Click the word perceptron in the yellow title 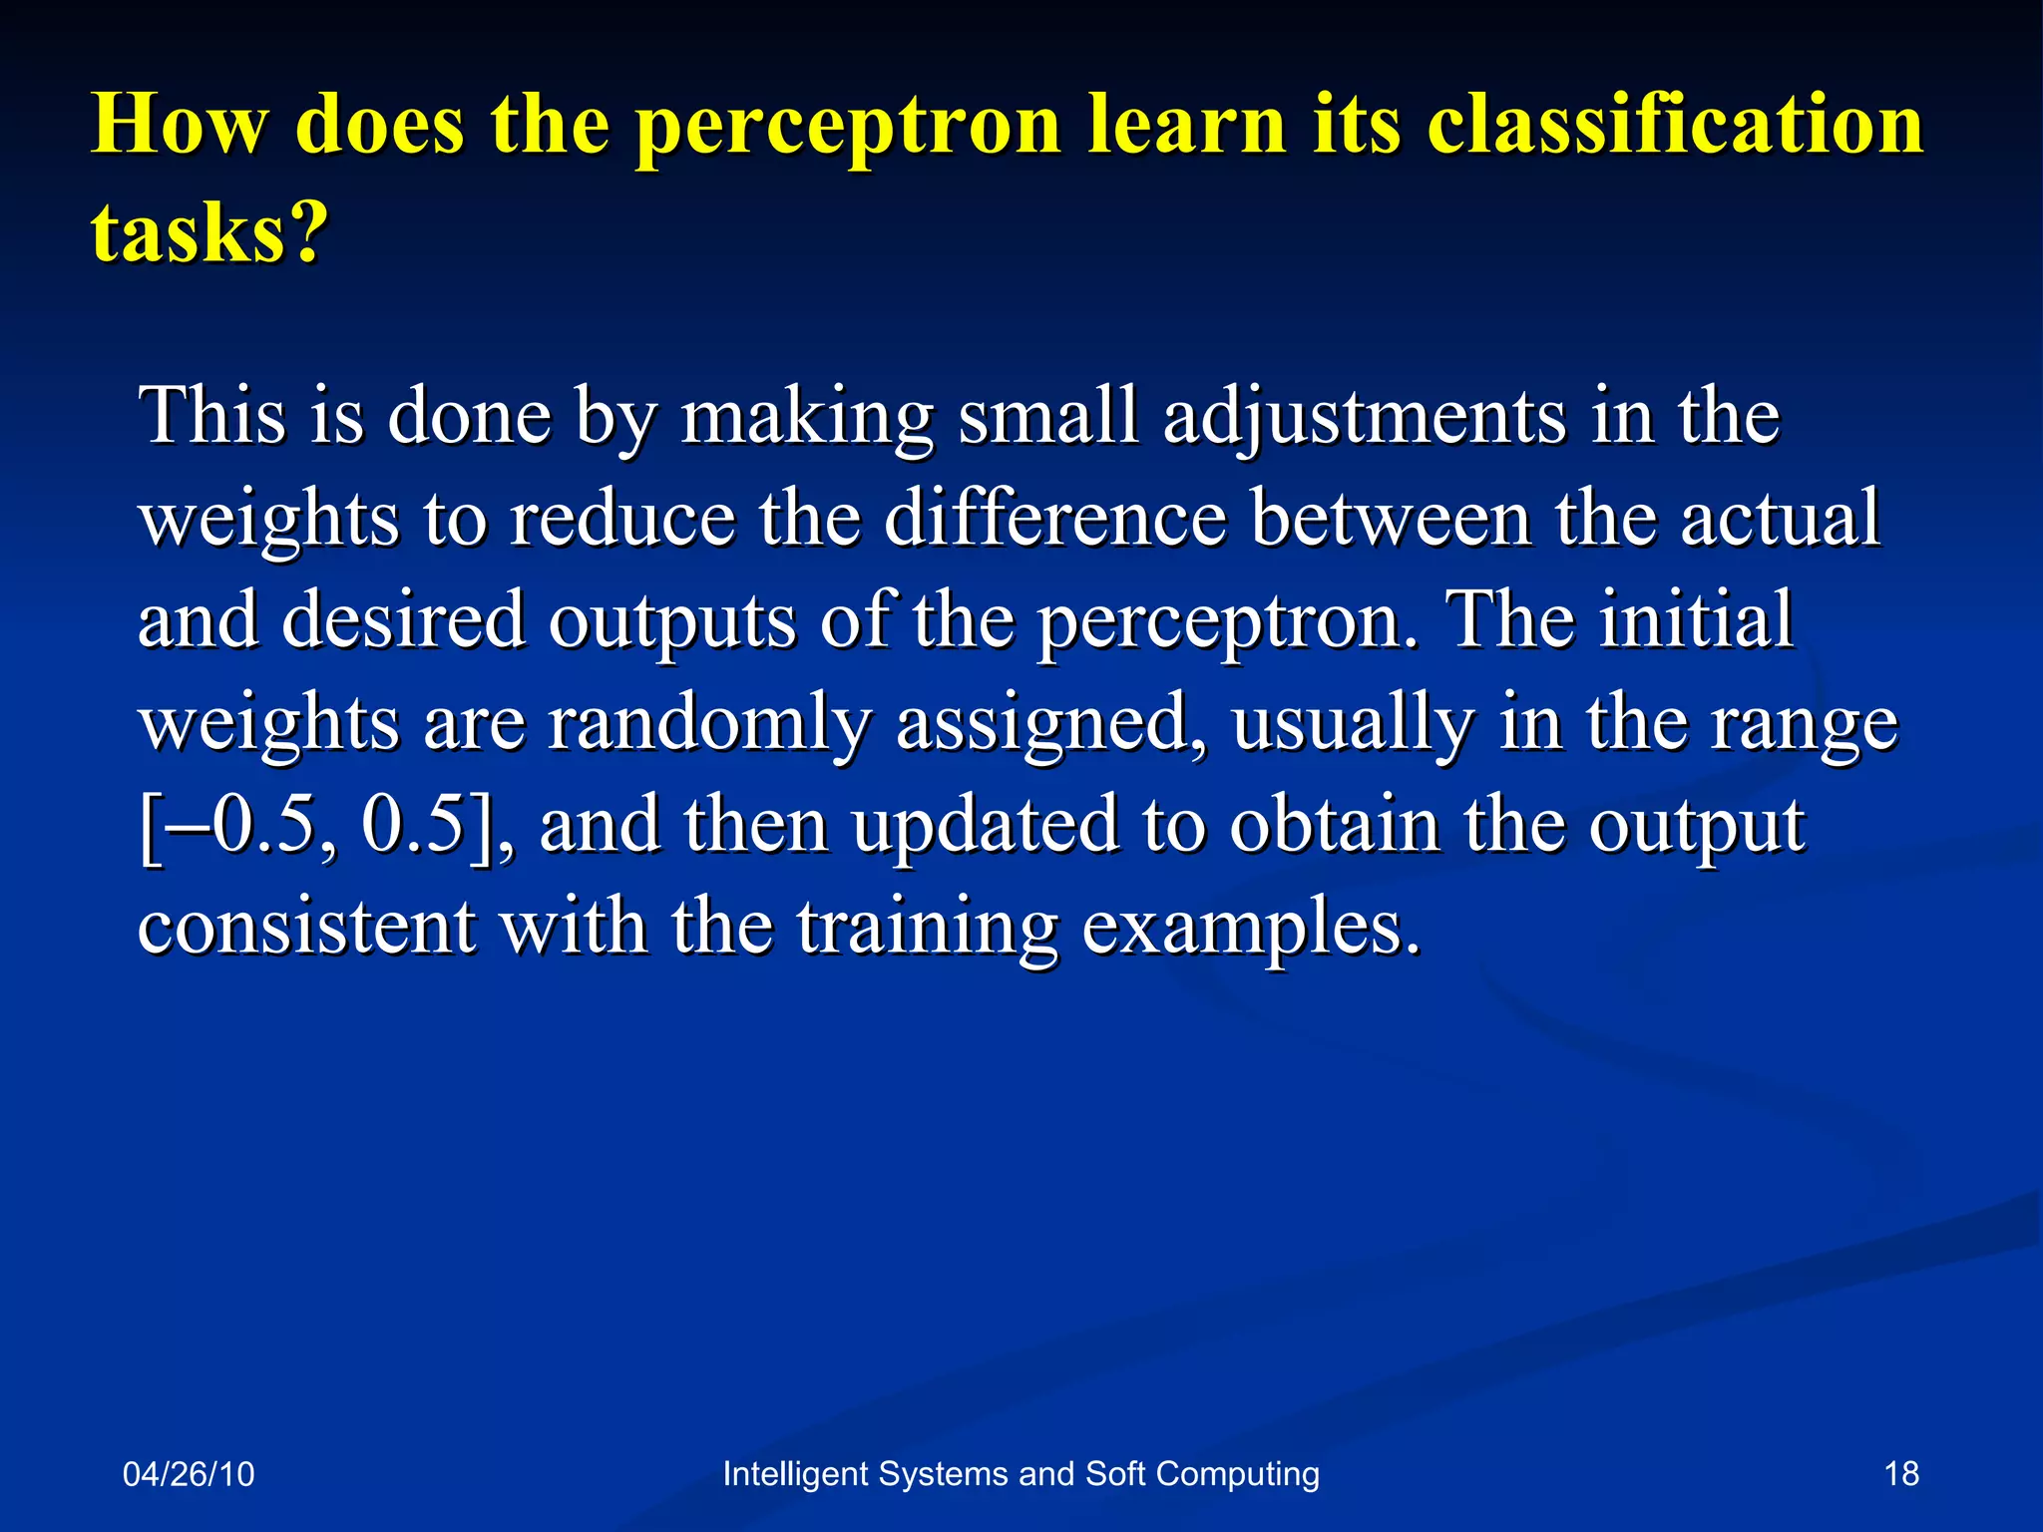[x=848, y=127]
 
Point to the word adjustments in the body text [x=1365, y=417]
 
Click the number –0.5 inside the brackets [x=244, y=825]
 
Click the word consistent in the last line [x=306, y=928]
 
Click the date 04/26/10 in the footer [x=189, y=1473]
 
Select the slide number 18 [x=1901, y=1473]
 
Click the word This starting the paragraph [x=212, y=417]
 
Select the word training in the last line [x=927, y=928]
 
